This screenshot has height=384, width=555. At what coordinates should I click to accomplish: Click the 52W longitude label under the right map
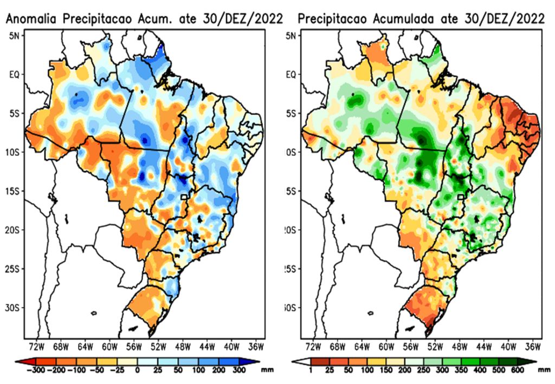(x=435, y=346)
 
